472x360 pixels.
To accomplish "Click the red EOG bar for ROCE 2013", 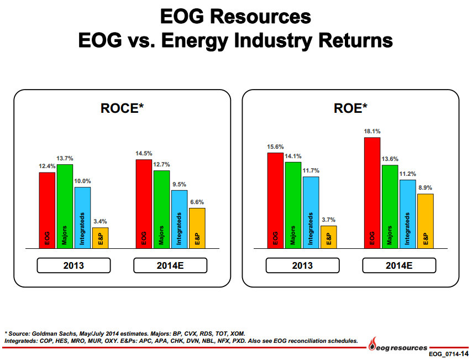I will pos(47,210).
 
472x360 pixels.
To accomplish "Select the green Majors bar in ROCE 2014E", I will pos(161,209).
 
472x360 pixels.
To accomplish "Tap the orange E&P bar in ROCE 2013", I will pos(101,238).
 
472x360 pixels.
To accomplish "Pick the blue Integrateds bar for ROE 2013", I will pos(311,212).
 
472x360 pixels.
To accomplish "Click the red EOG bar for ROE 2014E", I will pos(372,192).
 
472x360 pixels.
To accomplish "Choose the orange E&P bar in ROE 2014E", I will pos(425,221).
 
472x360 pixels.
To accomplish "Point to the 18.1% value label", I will pos(372,132).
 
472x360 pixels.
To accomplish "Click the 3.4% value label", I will pos(100,221).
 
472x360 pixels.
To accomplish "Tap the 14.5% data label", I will pos(144,153).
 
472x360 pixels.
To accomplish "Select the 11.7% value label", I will pos(311,170).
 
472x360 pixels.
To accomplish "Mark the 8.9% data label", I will pos(425,188).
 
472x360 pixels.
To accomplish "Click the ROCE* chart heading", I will pos(122,108).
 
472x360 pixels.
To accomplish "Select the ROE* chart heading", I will pos(350,108).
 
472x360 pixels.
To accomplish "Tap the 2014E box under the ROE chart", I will pos(398,265).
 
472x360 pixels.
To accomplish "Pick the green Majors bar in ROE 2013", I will pos(293,205).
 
